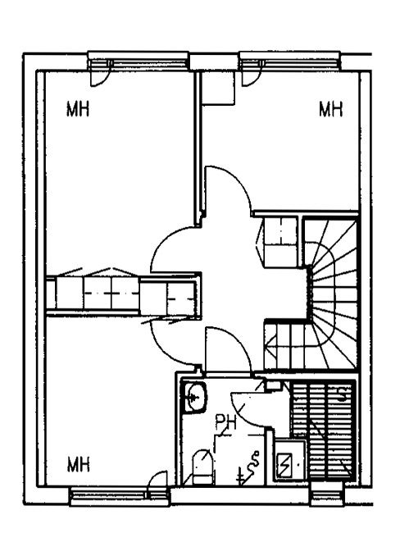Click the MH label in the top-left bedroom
(78, 110)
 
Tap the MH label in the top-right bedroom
(330, 109)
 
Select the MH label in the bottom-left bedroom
(79, 464)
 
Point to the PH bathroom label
(225, 423)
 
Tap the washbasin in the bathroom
(194, 397)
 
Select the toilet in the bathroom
(202, 467)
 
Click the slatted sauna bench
(323, 429)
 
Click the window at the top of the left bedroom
(139, 61)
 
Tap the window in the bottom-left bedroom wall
(120, 497)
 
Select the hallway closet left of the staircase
(278, 242)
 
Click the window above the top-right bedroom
(290, 61)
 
